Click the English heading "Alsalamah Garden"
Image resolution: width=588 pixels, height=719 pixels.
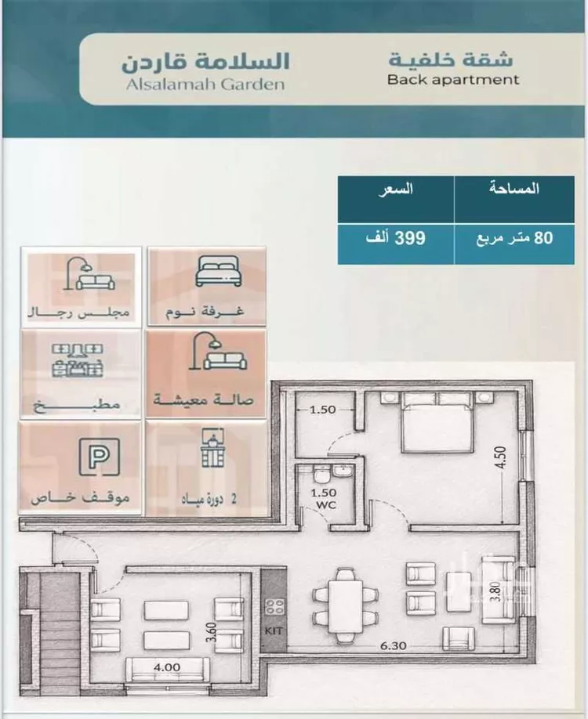click(205, 85)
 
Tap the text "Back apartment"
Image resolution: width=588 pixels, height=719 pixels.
click(453, 79)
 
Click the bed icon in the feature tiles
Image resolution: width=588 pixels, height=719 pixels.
click(218, 271)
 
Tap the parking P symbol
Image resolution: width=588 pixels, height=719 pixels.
click(99, 457)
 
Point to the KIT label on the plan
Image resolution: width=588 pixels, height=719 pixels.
click(274, 631)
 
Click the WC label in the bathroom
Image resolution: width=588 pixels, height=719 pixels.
click(326, 505)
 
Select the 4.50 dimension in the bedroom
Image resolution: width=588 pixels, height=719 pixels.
click(501, 457)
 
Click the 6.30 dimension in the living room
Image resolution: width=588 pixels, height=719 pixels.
click(394, 645)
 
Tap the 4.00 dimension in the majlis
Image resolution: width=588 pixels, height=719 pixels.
click(167, 667)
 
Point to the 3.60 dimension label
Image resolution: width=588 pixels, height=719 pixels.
click(212, 632)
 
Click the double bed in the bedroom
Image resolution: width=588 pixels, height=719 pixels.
click(437, 422)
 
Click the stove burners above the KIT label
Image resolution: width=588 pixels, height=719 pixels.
click(274, 607)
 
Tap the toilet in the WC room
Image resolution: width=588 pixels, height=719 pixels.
click(321, 474)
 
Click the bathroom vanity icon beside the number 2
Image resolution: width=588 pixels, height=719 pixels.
click(212, 448)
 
